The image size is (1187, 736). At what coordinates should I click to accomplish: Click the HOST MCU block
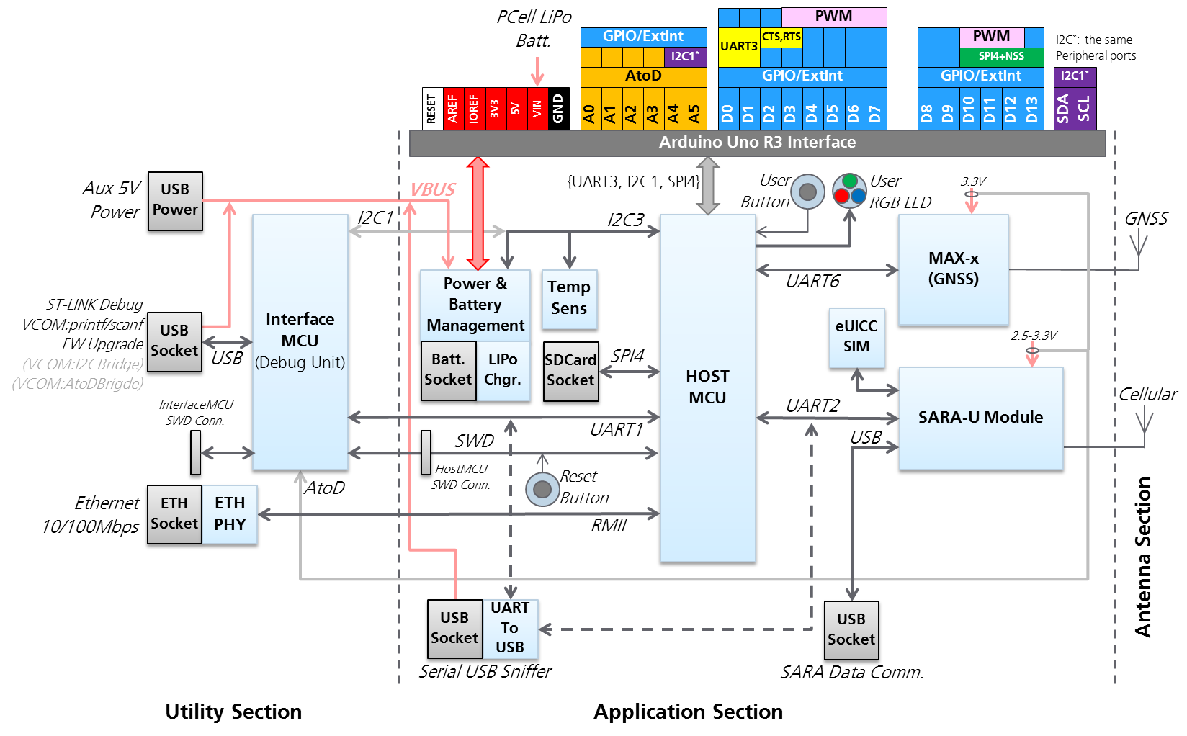(x=707, y=389)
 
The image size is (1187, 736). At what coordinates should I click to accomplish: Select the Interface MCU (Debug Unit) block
(x=300, y=342)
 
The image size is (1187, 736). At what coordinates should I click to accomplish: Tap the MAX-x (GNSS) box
(x=953, y=269)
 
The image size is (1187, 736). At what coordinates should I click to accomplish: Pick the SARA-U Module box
(x=980, y=418)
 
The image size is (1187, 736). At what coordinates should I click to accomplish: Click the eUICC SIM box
(x=856, y=337)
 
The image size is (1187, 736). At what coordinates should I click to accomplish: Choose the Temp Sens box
(x=569, y=298)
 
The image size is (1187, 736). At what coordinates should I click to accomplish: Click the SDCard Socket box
(x=570, y=371)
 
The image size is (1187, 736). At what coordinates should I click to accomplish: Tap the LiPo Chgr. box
(x=503, y=370)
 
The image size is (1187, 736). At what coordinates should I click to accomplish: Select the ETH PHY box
(x=230, y=514)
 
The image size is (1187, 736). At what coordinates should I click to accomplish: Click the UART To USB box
(x=510, y=628)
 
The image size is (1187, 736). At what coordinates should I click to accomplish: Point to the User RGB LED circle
(x=850, y=191)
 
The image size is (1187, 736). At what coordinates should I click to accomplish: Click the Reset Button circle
(x=542, y=489)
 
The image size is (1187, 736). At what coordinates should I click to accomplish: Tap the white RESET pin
(x=431, y=109)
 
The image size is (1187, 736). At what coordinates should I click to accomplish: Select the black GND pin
(x=558, y=109)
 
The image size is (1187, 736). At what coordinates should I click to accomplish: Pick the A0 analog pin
(x=590, y=109)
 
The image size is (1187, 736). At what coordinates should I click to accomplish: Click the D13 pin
(x=1031, y=109)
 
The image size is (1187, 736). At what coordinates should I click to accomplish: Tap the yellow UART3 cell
(x=738, y=46)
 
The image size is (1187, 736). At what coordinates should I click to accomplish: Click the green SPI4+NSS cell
(x=1001, y=56)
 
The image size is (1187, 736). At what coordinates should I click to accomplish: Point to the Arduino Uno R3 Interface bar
(x=757, y=143)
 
